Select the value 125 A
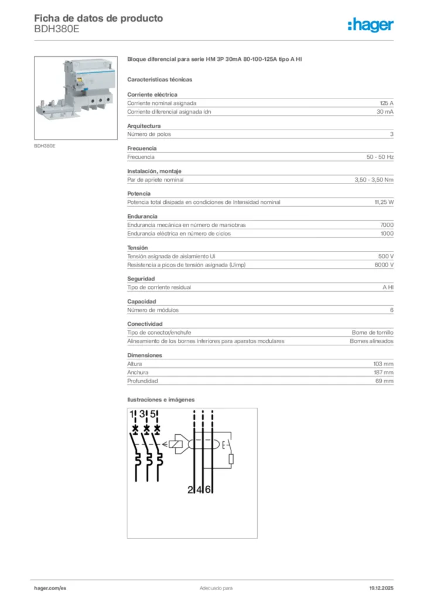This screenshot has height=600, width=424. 387,103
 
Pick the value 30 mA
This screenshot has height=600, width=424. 385,111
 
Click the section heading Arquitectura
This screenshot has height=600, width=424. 143,125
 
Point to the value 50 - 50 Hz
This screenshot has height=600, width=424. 379,157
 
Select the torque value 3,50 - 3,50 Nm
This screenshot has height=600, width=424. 374,180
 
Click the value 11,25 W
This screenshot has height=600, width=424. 384,202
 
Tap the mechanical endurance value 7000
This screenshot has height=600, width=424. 387,225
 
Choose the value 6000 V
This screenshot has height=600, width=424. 384,265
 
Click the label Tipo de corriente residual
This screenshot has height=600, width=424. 159,288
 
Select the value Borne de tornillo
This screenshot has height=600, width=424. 372,332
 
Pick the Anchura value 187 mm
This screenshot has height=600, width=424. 383,372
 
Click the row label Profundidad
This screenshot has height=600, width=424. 142,381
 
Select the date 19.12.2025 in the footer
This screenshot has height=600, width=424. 381,588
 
